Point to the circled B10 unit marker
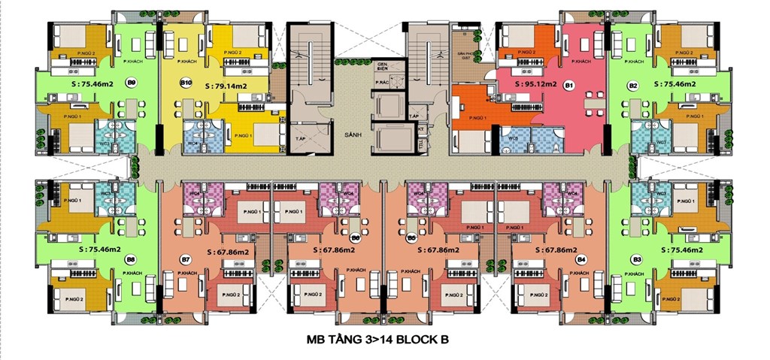click(x=186, y=82)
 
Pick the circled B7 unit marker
click(x=186, y=259)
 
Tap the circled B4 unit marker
click(x=581, y=259)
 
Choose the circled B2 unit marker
click(x=633, y=85)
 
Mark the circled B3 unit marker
click(x=637, y=259)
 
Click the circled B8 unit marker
click(x=130, y=259)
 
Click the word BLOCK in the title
click(x=417, y=339)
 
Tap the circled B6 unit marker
click(x=356, y=239)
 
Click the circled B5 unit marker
click(x=411, y=239)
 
